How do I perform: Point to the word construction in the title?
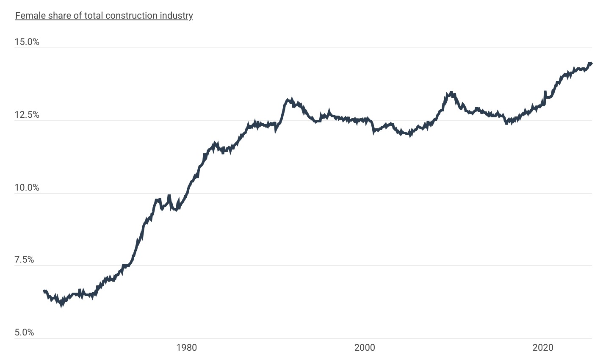(x=131, y=16)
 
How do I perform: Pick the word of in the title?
(x=76, y=16)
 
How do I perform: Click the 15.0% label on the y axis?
(x=27, y=42)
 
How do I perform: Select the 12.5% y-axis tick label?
(x=27, y=115)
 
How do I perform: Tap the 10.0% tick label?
(x=27, y=188)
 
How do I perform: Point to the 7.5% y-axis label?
(x=24, y=260)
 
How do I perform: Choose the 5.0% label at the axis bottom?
(x=24, y=332)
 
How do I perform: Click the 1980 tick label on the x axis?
(x=187, y=348)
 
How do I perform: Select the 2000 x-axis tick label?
(x=365, y=348)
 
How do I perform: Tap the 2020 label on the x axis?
(x=543, y=348)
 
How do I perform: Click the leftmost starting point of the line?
(x=44, y=291)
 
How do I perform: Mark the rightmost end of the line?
(x=591, y=64)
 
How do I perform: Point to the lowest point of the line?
(x=62, y=304)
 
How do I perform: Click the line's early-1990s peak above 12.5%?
(x=288, y=100)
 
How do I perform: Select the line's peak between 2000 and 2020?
(x=451, y=93)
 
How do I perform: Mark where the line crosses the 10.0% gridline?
(x=186, y=194)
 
